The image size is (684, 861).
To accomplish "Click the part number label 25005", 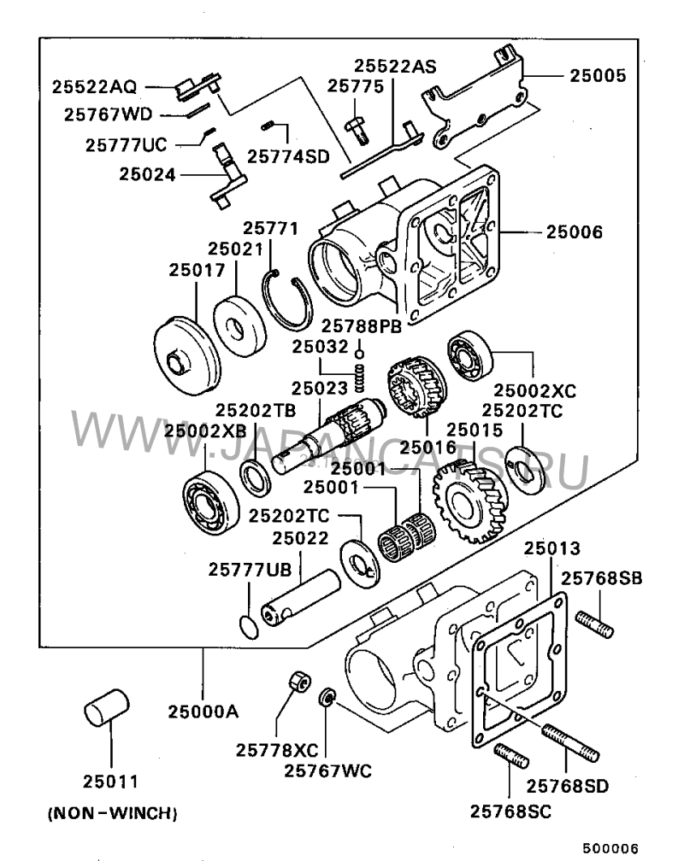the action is [598, 75].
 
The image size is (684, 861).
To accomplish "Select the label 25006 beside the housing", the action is [574, 231].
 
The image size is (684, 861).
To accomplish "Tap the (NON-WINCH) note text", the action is [113, 813].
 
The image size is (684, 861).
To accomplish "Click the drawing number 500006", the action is [610, 849].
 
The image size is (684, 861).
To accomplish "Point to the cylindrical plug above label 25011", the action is [107, 706].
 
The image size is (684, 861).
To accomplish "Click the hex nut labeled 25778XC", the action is [299, 682].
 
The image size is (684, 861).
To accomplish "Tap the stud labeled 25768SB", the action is [594, 625].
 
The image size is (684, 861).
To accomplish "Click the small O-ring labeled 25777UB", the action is [249, 627].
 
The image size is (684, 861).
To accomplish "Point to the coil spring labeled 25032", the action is [359, 378].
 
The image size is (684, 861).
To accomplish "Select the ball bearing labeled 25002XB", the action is [211, 502].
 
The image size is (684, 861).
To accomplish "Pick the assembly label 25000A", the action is [203, 712].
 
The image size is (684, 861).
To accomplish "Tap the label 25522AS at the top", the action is [395, 67].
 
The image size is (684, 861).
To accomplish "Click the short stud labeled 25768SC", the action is [512, 757].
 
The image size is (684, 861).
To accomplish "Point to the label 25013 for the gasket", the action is [552, 548].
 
